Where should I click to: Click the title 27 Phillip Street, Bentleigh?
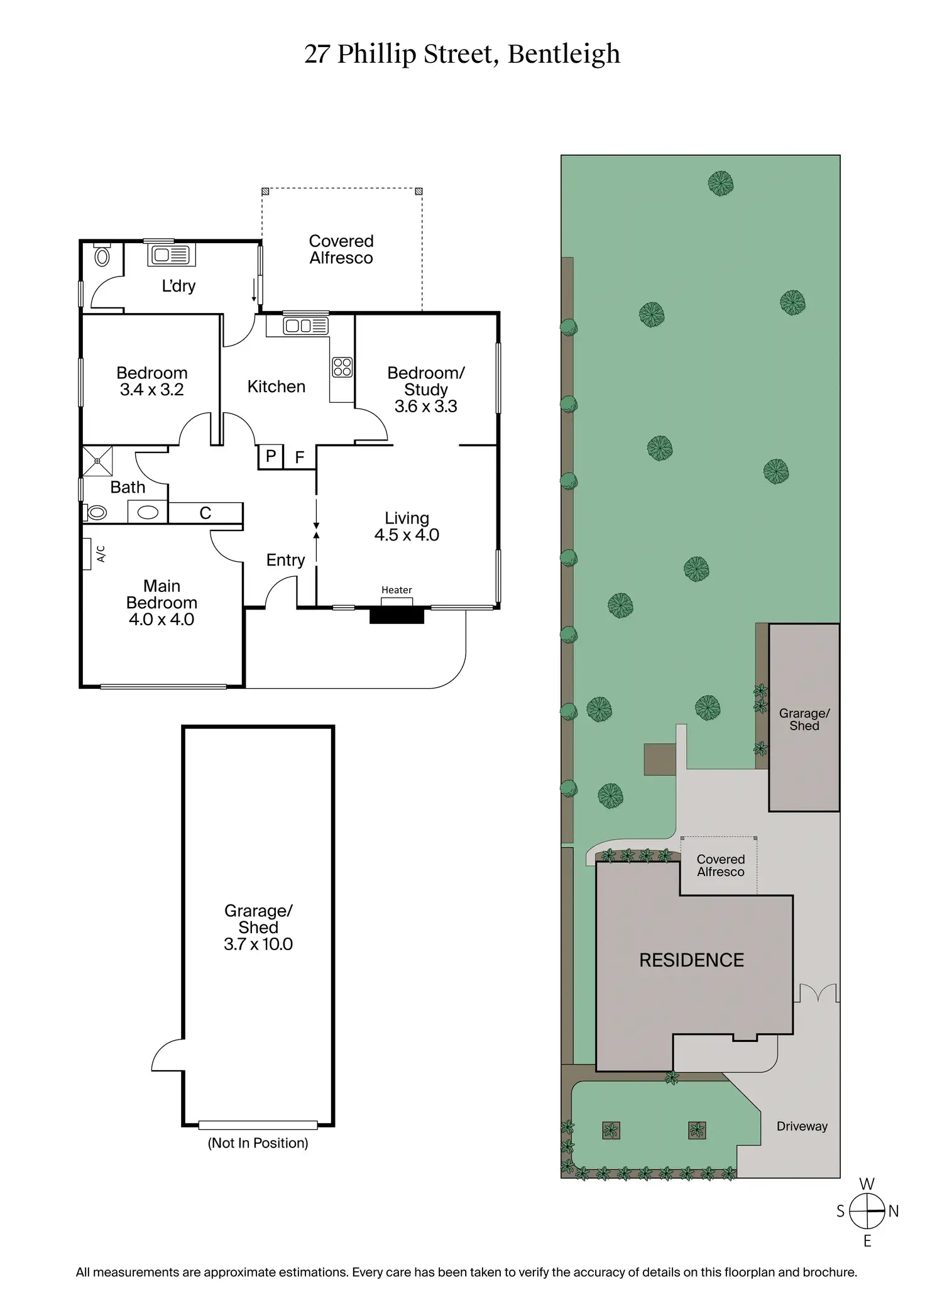click(462, 54)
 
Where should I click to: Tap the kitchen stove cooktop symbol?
click(342, 367)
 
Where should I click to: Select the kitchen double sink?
click(305, 326)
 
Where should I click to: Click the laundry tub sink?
click(172, 255)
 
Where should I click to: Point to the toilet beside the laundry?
click(102, 256)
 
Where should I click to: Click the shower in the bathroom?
click(98, 461)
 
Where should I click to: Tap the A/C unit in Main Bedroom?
click(87, 554)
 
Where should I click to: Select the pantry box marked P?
click(271, 456)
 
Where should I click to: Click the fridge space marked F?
click(300, 457)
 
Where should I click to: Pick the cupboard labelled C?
click(205, 513)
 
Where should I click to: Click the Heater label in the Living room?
click(397, 590)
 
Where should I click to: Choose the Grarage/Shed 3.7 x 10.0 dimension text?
click(258, 944)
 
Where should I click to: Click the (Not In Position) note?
click(258, 1142)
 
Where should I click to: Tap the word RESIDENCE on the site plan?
click(691, 960)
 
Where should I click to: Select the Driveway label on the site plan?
click(802, 1126)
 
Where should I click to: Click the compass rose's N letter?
click(894, 1211)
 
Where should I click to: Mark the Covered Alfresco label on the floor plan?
click(341, 249)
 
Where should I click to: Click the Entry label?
click(285, 560)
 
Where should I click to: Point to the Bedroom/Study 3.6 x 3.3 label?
click(425, 390)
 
